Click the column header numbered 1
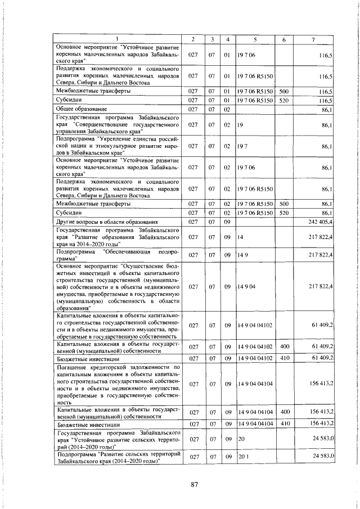coord(118,39)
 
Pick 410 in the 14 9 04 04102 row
coord(284,358)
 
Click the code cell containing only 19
coord(240,124)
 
